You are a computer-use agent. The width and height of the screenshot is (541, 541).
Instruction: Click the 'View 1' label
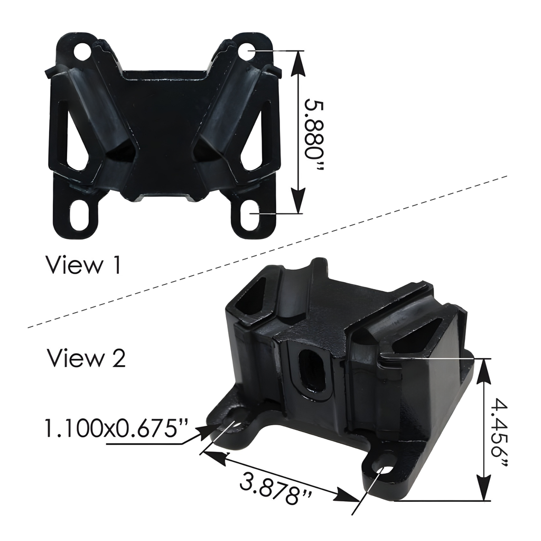click(83, 265)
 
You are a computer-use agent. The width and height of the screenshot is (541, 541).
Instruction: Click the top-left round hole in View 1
click(83, 53)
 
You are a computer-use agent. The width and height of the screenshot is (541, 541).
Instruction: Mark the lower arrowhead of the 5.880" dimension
click(299, 204)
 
